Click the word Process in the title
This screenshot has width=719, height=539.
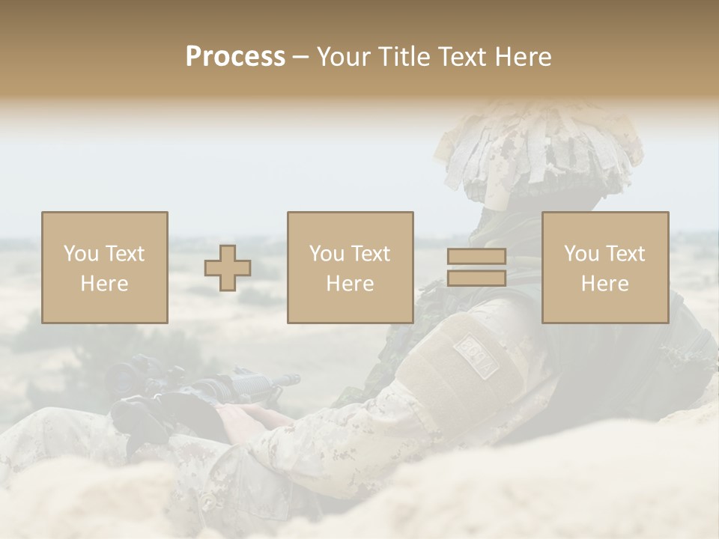[x=235, y=57]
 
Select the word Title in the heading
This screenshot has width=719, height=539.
[x=403, y=57]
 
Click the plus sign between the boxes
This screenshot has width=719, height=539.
[x=228, y=268]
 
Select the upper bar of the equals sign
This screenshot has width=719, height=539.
[x=476, y=257]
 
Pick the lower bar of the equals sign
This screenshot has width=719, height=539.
[x=476, y=278]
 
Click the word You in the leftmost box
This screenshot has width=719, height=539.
[x=80, y=254]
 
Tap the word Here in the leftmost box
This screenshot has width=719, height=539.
[x=104, y=284]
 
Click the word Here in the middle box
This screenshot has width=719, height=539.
[x=350, y=284]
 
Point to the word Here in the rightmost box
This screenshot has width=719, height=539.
[x=604, y=284]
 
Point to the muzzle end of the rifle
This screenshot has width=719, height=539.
[x=288, y=380]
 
